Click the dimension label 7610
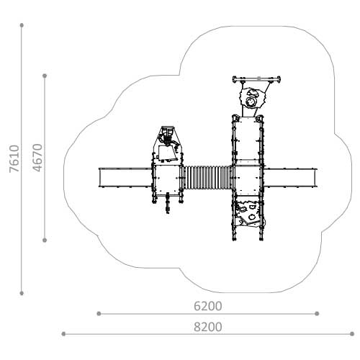coord(14,158)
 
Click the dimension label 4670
coord(37,158)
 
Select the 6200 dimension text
coord(208,306)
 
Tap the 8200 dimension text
coord(208,327)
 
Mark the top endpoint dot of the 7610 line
coord(22,25)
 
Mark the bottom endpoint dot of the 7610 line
coord(22,293)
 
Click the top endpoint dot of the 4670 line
coord(45,76)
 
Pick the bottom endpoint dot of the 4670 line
coord(45,240)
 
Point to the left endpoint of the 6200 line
coord(99,313)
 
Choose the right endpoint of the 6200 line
coord(317,313)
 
